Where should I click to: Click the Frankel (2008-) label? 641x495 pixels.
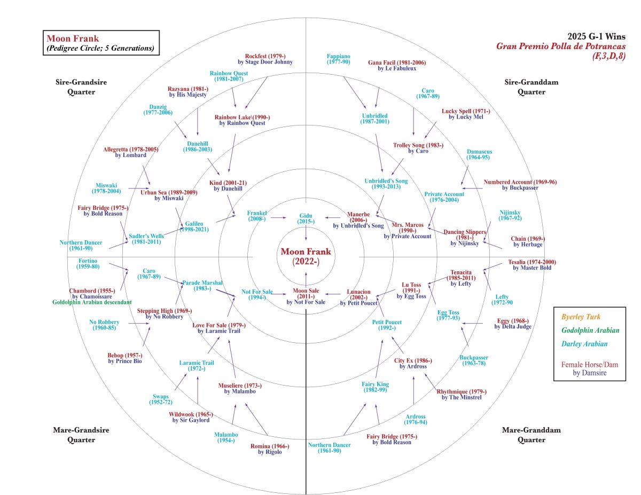256,216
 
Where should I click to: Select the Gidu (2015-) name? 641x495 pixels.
306,218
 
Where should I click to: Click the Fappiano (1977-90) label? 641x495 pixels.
338,59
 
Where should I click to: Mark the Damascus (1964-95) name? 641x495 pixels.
479,154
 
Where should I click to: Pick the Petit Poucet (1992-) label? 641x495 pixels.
387,325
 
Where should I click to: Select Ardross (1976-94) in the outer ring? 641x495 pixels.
416,419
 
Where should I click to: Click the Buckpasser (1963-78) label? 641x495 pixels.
474,360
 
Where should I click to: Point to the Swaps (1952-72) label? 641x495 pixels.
161,399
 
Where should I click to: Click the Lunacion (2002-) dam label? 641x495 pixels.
358,295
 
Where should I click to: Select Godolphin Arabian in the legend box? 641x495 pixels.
590,331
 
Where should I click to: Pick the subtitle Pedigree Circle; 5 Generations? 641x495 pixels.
100,48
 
